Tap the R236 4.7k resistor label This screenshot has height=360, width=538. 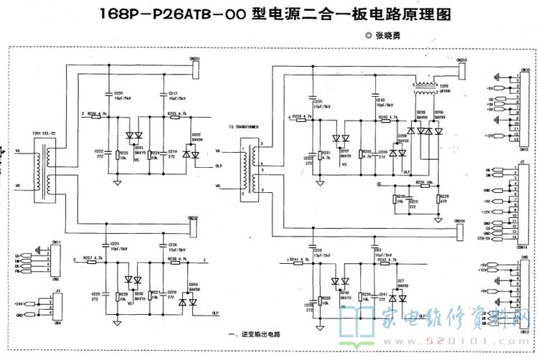(99, 113)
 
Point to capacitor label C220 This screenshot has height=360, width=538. (118, 93)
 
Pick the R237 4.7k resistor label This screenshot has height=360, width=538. (93, 257)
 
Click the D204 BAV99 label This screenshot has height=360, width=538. (194, 286)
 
